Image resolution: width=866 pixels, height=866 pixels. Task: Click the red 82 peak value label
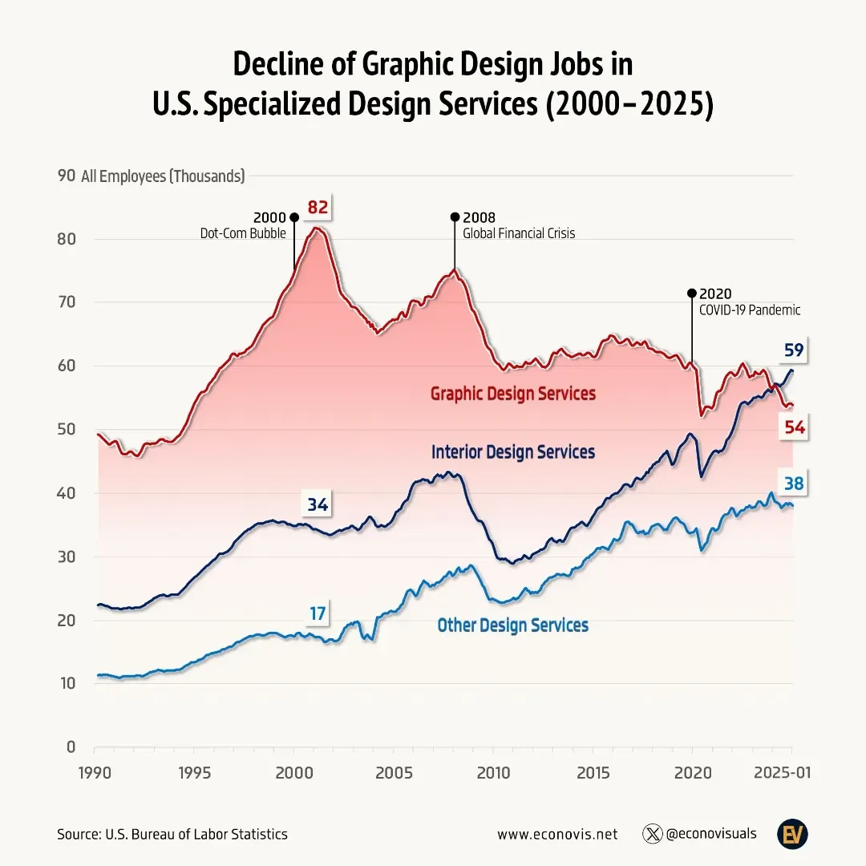pos(318,208)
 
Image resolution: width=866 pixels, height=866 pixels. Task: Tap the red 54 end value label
pos(794,428)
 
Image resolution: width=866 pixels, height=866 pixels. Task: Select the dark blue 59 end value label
pos(794,350)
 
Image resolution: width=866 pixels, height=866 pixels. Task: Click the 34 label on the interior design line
pos(318,504)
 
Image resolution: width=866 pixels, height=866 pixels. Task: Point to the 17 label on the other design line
pos(318,613)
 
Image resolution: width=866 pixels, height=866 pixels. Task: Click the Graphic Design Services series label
pos(512,394)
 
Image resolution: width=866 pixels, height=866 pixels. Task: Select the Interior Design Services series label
pos(512,451)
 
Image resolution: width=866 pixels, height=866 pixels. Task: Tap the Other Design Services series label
pos(512,625)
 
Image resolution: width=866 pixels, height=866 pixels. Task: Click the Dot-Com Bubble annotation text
pos(242,234)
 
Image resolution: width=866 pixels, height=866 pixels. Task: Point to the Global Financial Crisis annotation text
pos(518,234)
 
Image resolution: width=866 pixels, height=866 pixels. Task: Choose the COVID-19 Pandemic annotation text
pos(750,310)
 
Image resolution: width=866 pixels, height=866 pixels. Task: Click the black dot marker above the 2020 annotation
pos(691,293)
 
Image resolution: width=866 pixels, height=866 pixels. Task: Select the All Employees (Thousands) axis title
pos(163,176)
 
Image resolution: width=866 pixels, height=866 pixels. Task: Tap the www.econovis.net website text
pos(557,834)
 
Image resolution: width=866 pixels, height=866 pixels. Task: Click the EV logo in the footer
pos(791,834)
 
